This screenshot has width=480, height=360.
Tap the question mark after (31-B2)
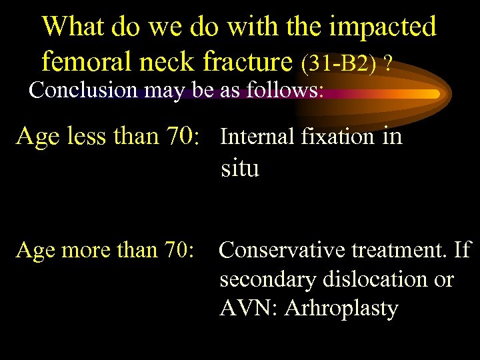point(387,64)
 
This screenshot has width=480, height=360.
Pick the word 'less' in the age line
point(83,136)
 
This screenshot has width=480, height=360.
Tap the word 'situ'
point(239,169)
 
